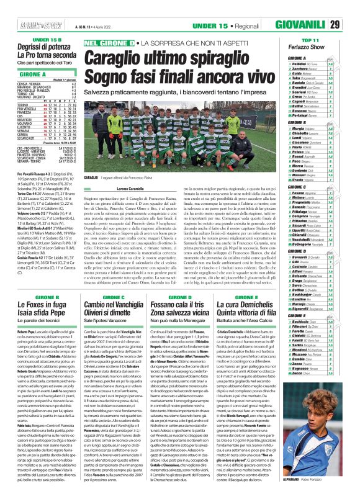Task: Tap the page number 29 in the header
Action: pyautogui.click(x=351, y=8)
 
